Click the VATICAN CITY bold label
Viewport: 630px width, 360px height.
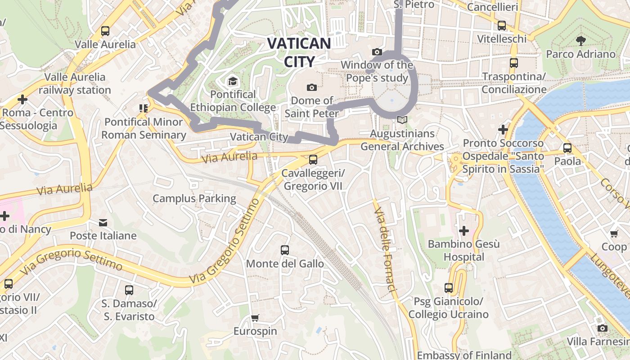[299, 52]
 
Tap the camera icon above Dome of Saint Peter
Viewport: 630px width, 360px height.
[311, 87]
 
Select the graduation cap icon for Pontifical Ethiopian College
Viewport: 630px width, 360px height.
[233, 81]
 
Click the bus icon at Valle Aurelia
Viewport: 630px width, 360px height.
[105, 31]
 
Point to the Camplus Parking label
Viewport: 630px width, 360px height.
[194, 198]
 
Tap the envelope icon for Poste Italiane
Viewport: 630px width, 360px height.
[103, 222]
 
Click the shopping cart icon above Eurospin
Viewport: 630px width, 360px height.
[255, 318]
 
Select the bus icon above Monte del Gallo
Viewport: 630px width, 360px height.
[284, 250]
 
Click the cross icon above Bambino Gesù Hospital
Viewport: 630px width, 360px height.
[463, 231]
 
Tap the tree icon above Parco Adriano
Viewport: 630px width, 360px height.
[580, 41]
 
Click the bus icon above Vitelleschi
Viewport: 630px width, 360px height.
[502, 26]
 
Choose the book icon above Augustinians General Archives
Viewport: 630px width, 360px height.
[402, 120]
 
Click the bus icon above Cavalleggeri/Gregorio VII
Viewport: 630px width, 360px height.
[313, 160]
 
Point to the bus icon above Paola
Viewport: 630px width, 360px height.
[567, 148]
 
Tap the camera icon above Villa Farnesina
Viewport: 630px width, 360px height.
[602, 328]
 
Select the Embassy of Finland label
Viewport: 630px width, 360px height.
[464, 355]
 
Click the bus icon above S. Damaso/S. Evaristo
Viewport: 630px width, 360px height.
[129, 290]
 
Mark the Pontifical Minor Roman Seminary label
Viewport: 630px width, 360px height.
[144, 128]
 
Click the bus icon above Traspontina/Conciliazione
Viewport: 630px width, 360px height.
[514, 63]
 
